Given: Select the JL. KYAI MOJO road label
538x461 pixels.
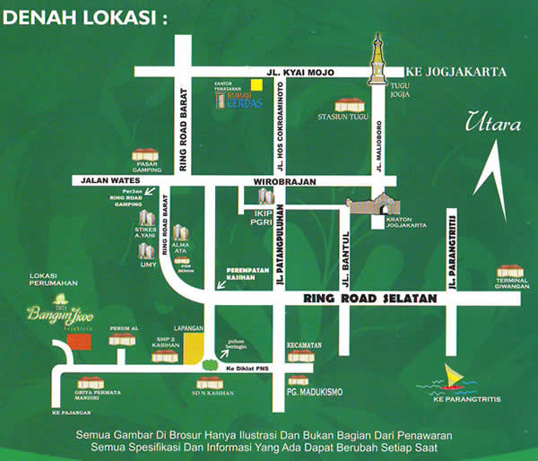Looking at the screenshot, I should tap(306, 72).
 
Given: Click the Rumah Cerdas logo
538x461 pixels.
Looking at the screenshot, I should tap(237, 100).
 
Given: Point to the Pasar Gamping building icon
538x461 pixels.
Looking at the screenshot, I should tap(144, 154).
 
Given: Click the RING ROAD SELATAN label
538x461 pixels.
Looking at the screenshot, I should tap(369, 299).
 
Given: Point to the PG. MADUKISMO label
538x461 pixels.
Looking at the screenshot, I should tap(315, 391).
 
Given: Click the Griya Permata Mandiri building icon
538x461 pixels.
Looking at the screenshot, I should tap(90, 383).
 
